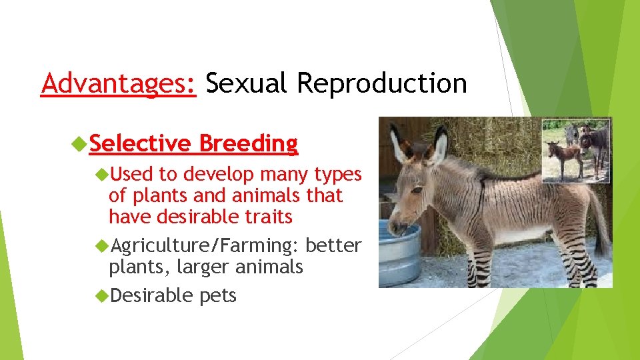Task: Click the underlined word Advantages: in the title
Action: tap(118, 84)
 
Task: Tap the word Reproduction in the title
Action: tap(382, 84)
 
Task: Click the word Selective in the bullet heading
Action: tap(141, 143)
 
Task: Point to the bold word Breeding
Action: tap(248, 143)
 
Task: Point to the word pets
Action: tap(217, 295)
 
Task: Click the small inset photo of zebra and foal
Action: tap(576, 150)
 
